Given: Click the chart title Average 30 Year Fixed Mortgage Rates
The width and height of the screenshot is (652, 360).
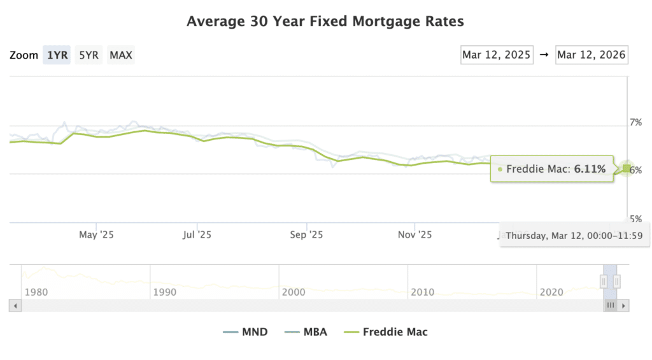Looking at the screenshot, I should coord(325,22).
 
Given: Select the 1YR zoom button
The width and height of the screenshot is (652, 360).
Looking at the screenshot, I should coord(57,55).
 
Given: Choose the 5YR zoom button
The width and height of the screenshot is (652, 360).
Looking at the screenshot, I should coord(89,55).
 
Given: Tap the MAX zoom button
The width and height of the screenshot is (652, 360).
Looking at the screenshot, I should coord(121,55).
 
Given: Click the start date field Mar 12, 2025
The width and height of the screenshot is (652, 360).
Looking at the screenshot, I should coord(497,55).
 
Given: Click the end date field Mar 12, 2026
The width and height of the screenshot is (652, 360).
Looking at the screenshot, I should coord(591,55).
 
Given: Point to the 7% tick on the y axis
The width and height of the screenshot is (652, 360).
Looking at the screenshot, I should coord(636,122).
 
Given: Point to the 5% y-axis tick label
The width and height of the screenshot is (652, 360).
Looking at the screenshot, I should coord(636,219).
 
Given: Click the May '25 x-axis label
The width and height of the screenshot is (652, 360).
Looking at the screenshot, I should coord(96,234).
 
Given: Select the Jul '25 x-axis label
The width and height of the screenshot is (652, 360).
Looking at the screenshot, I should coord(197,234).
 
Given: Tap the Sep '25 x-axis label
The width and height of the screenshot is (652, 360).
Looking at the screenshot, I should coord(306,234).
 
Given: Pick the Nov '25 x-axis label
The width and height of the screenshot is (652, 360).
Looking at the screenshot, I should coord(415,234).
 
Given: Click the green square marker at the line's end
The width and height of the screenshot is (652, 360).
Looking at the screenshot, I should coord(627,168).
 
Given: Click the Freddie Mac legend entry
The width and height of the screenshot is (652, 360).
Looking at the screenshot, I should coord(386,331).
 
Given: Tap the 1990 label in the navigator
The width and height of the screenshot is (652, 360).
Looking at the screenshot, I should coord(165,292).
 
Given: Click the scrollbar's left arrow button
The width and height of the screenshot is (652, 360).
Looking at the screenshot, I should coord(15,305).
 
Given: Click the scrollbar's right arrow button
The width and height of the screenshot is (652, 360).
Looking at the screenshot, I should coord(624,305).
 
